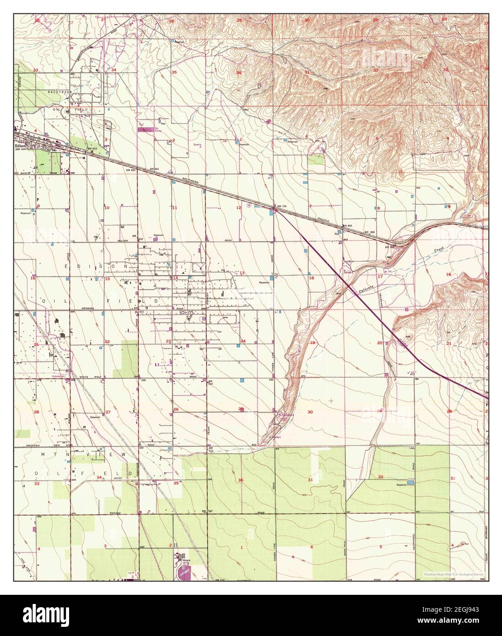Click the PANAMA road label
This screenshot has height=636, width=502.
[x=115, y=513]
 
